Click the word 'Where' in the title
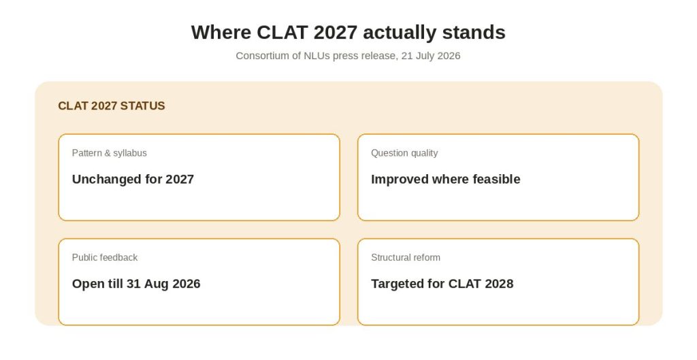click(221, 33)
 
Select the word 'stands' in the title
click(474, 33)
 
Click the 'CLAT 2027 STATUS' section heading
click(112, 105)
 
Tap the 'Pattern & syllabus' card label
click(110, 153)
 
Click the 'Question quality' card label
click(404, 153)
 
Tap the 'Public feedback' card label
click(105, 257)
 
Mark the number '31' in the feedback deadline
click(133, 284)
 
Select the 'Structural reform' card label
click(406, 257)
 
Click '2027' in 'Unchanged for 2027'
click(180, 179)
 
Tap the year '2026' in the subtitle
click(449, 56)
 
